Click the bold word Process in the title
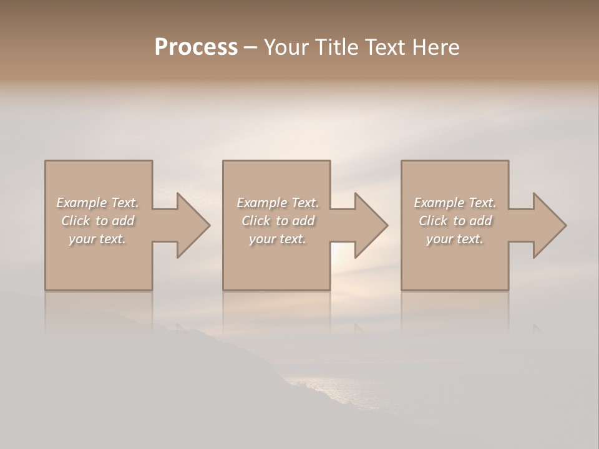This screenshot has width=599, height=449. point(196,47)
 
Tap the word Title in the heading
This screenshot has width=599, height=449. point(334,47)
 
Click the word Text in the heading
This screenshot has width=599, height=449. point(384,47)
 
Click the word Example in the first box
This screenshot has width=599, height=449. point(82,203)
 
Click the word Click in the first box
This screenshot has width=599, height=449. point(75,221)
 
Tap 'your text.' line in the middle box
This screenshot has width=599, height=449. point(277,239)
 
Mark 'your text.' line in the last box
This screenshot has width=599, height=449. point(454,239)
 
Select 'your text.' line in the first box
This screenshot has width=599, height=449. point(97,239)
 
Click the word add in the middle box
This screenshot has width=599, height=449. point(303,221)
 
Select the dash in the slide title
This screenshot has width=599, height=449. point(250,48)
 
